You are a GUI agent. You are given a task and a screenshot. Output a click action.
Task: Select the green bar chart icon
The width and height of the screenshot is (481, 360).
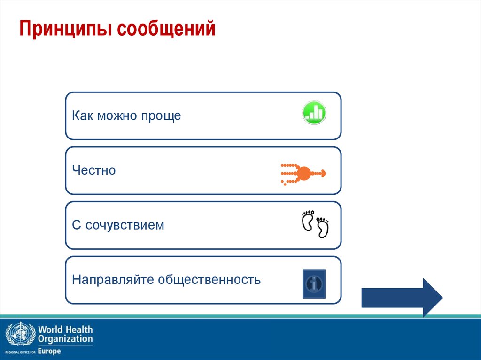click(314, 113)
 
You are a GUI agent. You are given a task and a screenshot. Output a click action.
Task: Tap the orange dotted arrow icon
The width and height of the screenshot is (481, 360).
click(303, 174)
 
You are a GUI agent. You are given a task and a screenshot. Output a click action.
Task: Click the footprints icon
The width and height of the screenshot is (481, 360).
click(314, 224)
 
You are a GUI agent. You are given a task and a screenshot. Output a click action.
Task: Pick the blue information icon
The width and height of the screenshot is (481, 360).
click(314, 283)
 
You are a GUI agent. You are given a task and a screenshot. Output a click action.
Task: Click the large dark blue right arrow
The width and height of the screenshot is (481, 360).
click(402, 298)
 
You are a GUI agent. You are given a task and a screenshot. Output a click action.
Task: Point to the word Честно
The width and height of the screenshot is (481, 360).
click(94, 170)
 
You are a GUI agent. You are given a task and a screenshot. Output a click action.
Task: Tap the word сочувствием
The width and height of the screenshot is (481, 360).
click(124, 225)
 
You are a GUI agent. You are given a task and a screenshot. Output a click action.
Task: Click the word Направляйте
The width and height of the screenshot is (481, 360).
click(113, 280)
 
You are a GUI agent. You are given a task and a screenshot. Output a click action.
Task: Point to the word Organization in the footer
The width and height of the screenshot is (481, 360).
click(65, 339)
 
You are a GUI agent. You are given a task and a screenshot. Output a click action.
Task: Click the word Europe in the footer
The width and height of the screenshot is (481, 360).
click(49, 351)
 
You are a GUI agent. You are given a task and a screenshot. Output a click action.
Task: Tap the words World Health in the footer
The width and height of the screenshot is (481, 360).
click(65, 329)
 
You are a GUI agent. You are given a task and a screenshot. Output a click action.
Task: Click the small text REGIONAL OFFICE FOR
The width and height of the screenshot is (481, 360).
click(21, 352)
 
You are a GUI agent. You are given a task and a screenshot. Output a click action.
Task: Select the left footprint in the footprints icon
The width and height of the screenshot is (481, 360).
click(308, 221)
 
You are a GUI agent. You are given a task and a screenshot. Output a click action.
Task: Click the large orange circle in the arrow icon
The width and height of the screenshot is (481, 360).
click(304, 174)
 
